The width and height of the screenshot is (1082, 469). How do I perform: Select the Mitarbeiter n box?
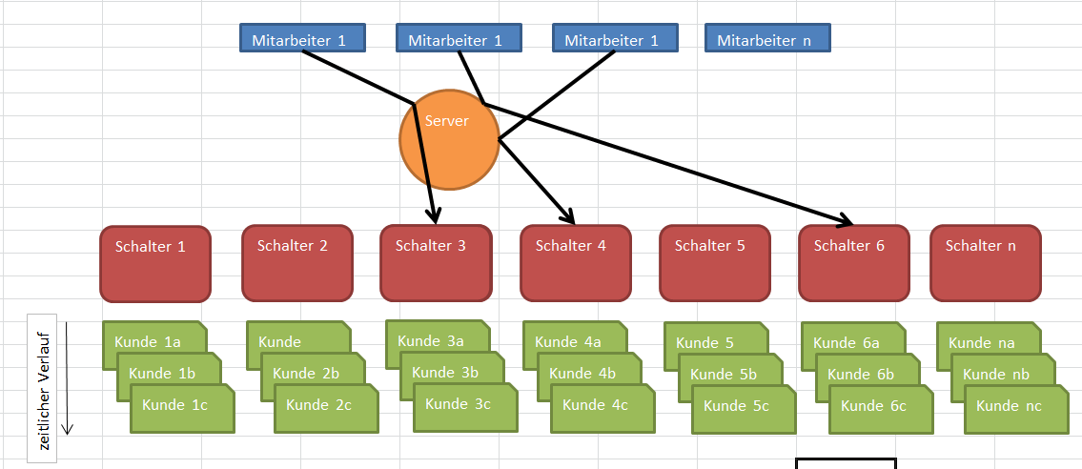[767, 39]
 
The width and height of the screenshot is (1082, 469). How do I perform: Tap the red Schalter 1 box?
[155, 263]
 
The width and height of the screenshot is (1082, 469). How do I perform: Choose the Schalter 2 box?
[296, 262]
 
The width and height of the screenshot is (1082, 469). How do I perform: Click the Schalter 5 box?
[714, 262]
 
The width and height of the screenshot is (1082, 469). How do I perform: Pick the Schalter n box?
[985, 262]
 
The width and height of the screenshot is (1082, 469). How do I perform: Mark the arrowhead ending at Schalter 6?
[847, 222]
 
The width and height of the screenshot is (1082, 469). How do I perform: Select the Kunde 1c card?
[182, 408]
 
